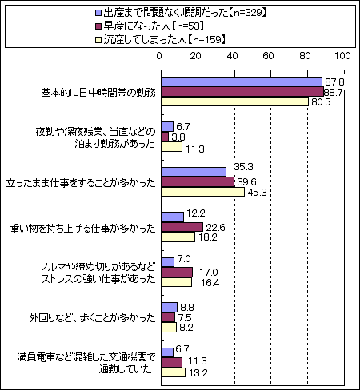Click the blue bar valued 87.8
242,82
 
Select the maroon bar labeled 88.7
242,92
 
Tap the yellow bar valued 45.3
203,192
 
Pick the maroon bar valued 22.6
182,227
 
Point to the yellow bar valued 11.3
172,147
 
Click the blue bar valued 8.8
170,307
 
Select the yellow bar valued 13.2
174,372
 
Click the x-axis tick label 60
268,56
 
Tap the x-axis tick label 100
342,56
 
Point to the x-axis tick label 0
159,56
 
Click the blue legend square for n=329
98,13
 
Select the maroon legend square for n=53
98,26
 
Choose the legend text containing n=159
165,40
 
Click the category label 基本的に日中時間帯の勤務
98,93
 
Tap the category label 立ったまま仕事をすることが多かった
81,183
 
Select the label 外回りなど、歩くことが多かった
92,318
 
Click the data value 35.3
243,167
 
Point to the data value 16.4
210,282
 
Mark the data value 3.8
178,137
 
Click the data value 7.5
185,317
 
